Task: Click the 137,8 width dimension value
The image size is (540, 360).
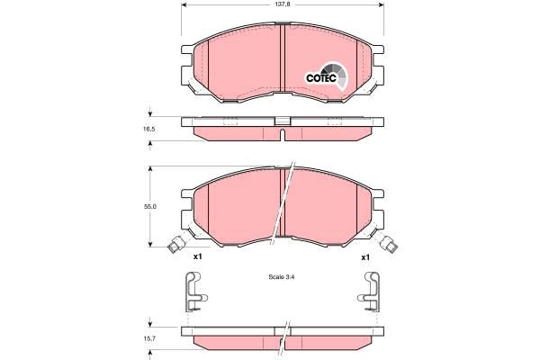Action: [x=283, y=4]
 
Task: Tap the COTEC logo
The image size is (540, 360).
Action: [x=327, y=77]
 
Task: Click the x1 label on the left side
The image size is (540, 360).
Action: [x=198, y=256]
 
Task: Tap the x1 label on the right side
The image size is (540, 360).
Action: [x=365, y=256]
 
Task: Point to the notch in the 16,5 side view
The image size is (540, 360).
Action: [x=283, y=135]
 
